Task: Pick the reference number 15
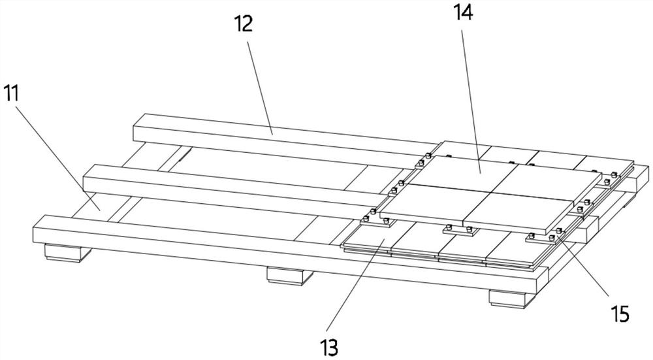(620, 314)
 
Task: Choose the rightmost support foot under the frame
(511, 297)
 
